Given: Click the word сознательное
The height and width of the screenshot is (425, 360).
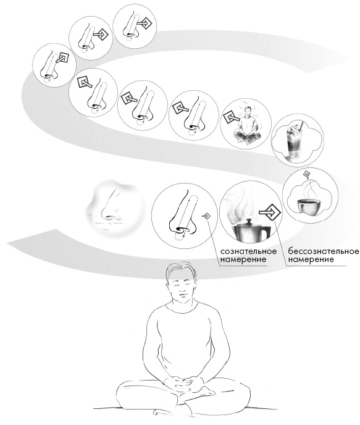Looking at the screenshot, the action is click(x=248, y=251).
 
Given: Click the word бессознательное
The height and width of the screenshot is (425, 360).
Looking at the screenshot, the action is click(x=323, y=251).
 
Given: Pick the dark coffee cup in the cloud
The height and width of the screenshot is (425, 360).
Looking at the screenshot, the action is click(x=309, y=206).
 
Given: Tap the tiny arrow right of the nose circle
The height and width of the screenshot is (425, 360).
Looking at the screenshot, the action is click(x=206, y=216).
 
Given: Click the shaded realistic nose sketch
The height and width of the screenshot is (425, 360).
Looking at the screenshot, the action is click(x=114, y=208).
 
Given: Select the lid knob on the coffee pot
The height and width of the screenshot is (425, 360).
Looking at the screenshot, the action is click(x=249, y=219).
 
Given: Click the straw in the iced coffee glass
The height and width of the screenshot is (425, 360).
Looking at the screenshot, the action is click(x=300, y=127).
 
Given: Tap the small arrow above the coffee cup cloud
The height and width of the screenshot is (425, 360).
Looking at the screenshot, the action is click(x=307, y=174).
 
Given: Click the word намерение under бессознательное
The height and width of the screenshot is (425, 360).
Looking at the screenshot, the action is click(x=311, y=259).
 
